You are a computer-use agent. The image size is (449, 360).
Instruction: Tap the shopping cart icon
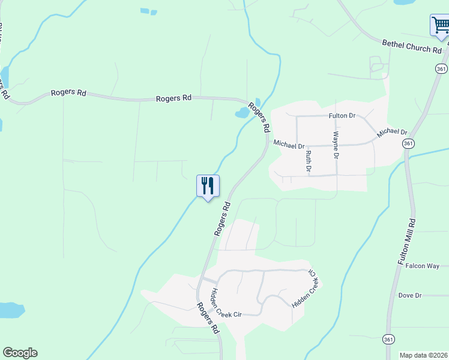tap(440, 26)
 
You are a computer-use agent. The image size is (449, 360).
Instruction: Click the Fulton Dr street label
tap(343, 115)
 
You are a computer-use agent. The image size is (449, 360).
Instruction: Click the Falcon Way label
tap(423, 266)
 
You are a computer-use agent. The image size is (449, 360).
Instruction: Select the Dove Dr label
tap(410, 295)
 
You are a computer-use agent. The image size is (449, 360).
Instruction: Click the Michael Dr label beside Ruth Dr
tap(289, 144)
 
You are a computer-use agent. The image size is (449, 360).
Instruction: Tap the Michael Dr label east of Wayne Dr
tap(392, 132)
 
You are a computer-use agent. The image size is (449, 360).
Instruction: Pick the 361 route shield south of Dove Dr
tap(389, 340)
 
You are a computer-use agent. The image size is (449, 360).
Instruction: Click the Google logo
tap(20, 353)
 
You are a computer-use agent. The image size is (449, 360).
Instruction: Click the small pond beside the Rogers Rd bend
tap(242, 112)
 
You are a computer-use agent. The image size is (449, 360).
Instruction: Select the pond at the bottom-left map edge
tap(11, 310)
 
